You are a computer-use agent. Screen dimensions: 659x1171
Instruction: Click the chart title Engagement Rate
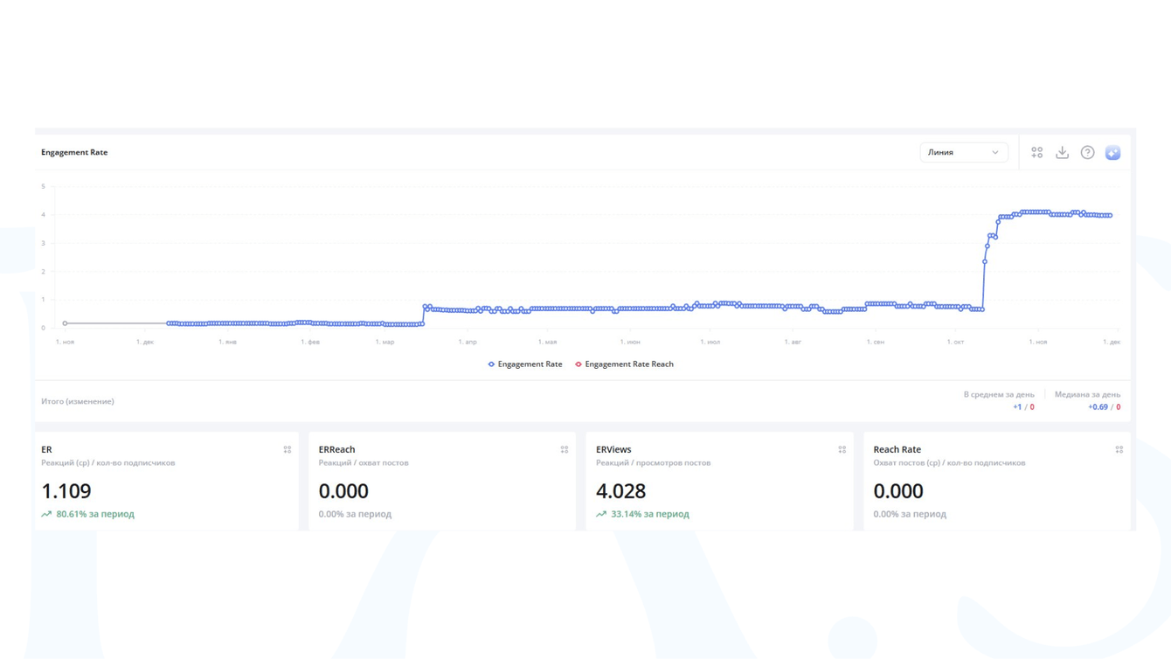tap(74, 152)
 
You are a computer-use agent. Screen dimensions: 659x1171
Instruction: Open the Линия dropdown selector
tap(963, 152)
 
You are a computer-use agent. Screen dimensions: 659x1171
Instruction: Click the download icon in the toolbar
tap(1062, 152)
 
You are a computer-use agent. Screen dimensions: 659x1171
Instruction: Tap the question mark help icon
tap(1087, 152)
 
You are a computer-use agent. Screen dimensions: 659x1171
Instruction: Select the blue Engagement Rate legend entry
tap(525, 364)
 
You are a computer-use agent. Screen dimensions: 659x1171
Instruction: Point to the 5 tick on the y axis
tap(43, 186)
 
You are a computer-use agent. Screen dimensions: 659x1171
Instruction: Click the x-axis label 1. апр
tap(468, 342)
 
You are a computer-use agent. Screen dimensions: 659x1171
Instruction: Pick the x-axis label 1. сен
tap(875, 342)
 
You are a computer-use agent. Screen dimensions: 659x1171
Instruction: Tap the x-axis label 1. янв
tap(227, 342)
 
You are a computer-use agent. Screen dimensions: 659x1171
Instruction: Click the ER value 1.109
tap(66, 491)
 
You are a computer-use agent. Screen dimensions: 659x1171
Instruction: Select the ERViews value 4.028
tap(620, 491)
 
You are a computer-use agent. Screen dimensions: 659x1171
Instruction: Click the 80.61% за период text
tap(94, 514)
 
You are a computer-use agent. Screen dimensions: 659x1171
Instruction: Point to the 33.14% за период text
tap(649, 514)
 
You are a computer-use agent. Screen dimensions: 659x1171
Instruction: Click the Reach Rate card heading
tap(897, 449)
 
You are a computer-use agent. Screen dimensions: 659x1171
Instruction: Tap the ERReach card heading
tap(336, 449)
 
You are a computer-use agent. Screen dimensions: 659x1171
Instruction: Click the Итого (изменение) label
tap(78, 401)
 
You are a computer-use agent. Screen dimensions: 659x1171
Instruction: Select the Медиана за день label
tap(1087, 394)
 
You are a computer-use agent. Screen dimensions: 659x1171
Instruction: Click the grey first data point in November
tap(65, 323)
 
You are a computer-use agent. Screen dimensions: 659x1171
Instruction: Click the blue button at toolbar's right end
tap(1112, 152)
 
